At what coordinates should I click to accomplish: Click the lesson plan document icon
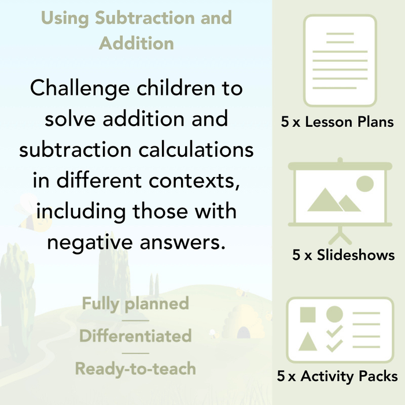click(x=340, y=60)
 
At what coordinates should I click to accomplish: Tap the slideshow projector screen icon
click(x=340, y=200)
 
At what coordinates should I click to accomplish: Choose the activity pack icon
click(x=340, y=330)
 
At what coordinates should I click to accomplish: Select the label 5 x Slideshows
click(x=343, y=255)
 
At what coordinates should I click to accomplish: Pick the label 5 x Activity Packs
click(x=337, y=377)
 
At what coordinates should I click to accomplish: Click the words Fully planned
click(x=135, y=304)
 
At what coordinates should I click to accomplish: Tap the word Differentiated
click(x=135, y=336)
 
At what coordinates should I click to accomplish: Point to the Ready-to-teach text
click(x=135, y=369)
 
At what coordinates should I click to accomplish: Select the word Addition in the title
click(x=136, y=43)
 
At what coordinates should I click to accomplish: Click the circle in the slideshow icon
click(x=365, y=185)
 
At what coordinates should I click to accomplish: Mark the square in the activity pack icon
click(x=308, y=315)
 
